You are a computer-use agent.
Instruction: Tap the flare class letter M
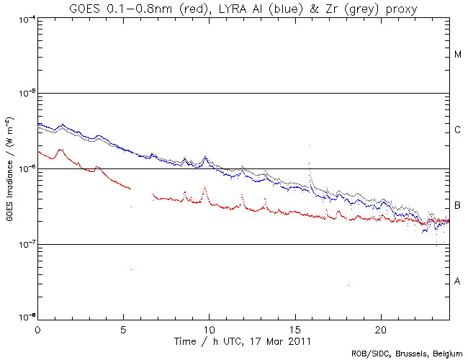pos(458,55)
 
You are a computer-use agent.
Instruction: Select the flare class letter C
pos(458,130)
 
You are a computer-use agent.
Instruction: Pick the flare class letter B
pos(458,205)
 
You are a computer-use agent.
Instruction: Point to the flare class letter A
pos(458,281)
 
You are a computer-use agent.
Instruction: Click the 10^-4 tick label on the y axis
pos(24,18)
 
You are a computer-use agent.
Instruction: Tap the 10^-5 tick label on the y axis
pos(24,93)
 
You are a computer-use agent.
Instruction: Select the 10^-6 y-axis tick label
pos(24,168)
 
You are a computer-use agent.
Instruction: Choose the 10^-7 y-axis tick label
pos(24,244)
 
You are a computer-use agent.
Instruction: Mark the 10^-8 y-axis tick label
pos(24,318)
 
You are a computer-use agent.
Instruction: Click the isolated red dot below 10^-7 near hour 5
pos(131,269)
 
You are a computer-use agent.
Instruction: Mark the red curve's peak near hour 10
pos(205,187)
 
